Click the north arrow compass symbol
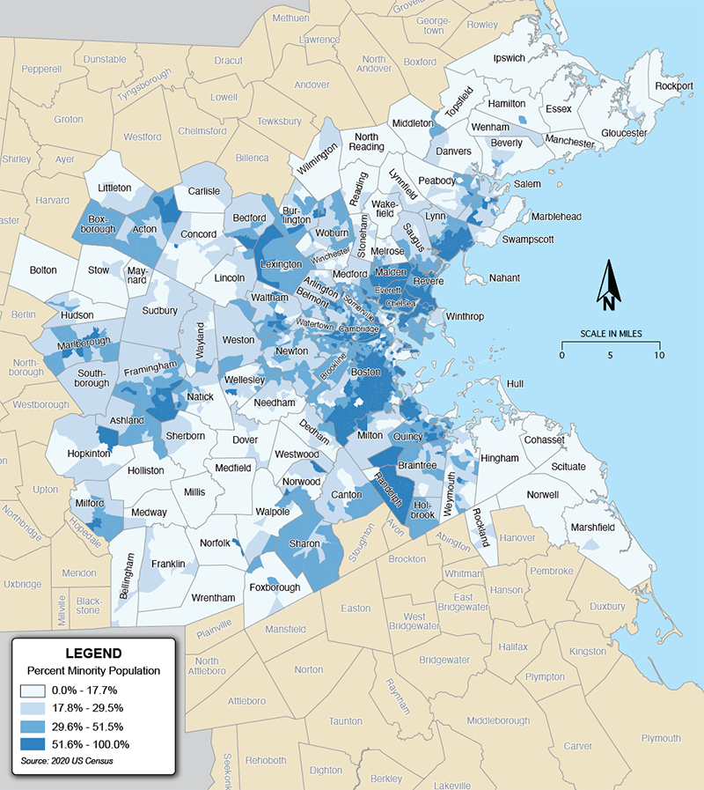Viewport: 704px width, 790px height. [607, 286]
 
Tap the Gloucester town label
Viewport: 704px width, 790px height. [624, 133]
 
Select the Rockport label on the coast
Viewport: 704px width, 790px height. [674, 86]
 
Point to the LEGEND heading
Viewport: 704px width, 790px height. [93, 653]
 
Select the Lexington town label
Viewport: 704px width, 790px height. [282, 263]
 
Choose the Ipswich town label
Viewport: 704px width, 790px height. [509, 58]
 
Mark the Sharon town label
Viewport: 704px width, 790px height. [305, 543]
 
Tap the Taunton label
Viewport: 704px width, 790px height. [344, 720]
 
